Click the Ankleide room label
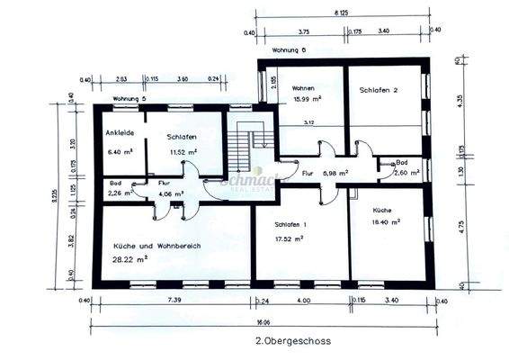pos(120,133)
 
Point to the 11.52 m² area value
pos(183,152)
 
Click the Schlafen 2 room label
pos(380,91)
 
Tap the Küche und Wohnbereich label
pos(156,246)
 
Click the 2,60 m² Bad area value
pos(397,172)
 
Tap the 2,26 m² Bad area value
pos(120,192)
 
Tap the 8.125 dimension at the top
pos(341,14)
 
